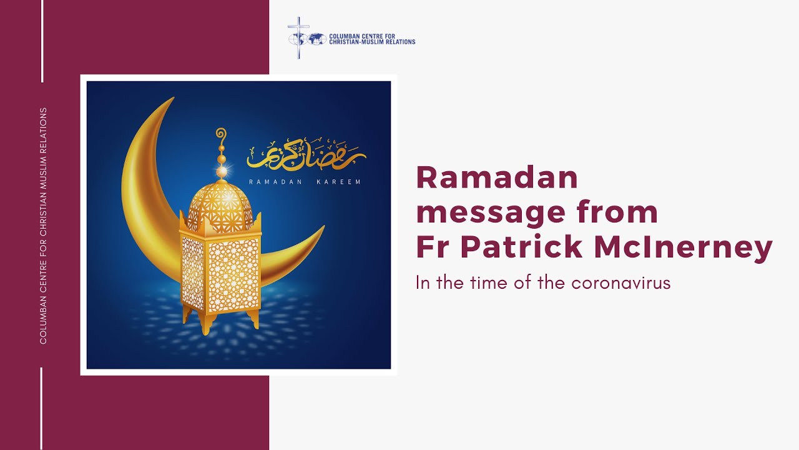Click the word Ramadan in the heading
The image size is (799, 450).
(497, 179)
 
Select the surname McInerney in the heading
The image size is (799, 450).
(684, 247)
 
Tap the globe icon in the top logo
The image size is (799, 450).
(316, 39)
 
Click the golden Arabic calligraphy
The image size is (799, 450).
(306, 154)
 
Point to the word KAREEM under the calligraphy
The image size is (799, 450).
(339, 182)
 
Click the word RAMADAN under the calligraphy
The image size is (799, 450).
(276, 182)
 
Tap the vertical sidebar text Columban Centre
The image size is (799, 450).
(43, 225)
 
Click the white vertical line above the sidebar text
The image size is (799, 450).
(42, 41)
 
